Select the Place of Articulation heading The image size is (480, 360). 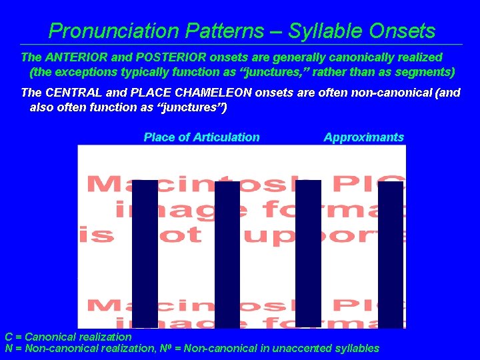[x=201, y=137]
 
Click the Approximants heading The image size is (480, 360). [x=363, y=137]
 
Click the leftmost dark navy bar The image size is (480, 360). [x=145, y=253]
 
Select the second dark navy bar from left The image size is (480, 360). [x=227, y=253]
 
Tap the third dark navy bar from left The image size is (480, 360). [x=308, y=253]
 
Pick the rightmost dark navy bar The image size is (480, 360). [x=390, y=253]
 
